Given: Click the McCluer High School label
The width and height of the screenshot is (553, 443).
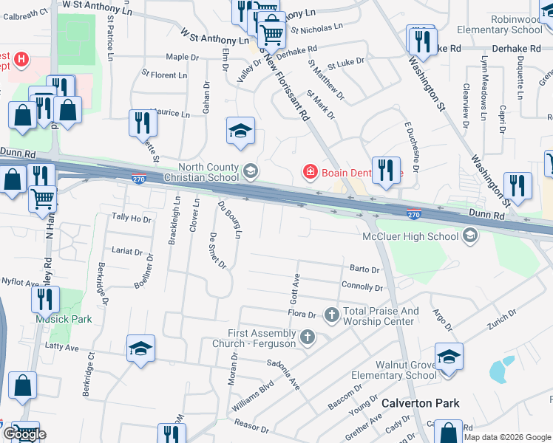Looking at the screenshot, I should [410, 237].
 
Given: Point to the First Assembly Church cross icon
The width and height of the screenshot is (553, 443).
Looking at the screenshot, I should [307, 337].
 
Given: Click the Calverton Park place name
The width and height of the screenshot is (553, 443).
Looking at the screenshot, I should [420, 403].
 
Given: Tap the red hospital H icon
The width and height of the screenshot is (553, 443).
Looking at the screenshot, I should [21, 58].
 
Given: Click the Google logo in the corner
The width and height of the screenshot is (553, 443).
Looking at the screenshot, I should [24, 433].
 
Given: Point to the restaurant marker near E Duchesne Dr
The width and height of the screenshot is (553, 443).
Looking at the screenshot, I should [385, 169].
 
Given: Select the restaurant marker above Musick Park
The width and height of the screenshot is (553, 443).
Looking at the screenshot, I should [45, 300].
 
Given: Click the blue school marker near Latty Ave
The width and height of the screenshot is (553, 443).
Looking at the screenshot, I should [140, 348].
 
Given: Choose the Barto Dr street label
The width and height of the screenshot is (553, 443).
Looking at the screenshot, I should [364, 269].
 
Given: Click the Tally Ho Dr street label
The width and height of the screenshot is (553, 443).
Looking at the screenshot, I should [131, 219].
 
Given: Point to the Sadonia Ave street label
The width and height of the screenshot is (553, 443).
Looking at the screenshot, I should [283, 375].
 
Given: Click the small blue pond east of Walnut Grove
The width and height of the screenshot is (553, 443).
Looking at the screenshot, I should [502, 369].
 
